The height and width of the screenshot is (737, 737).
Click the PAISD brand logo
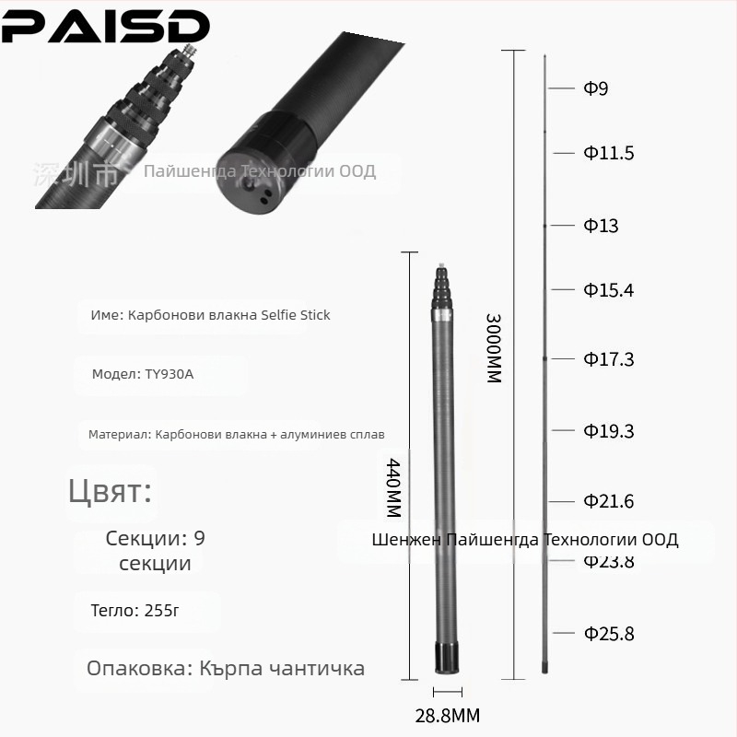tap(105, 27)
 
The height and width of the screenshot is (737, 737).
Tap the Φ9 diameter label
tap(595, 88)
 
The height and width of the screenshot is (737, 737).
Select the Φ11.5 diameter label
tap(608, 153)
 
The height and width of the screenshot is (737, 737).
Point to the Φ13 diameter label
tap(601, 226)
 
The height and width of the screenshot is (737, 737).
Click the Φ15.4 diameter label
tap(608, 290)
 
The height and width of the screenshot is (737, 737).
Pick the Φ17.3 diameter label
tap(608, 359)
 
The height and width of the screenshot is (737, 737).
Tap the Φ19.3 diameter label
tap(608, 431)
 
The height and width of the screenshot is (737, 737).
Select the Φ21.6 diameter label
tap(608, 501)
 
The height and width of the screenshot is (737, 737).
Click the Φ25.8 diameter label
tap(608, 634)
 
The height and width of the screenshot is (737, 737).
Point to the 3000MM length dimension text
tap(494, 347)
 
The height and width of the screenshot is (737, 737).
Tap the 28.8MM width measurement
tap(447, 715)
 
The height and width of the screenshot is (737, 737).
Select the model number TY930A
tap(169, 374)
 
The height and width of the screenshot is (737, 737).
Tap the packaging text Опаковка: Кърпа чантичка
tap(226, 668)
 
